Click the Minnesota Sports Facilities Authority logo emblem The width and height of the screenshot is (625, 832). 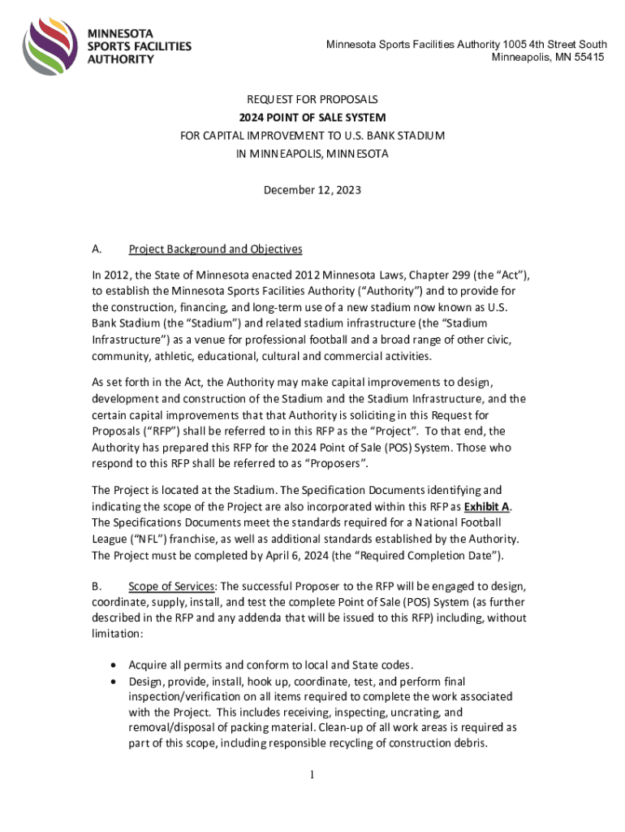pos(50,45)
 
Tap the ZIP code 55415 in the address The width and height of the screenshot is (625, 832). pos(587,58)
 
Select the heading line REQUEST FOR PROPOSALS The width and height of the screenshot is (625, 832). pos(312,100)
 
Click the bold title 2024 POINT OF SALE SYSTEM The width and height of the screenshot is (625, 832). pos(312,118)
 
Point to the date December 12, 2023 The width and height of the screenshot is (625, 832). pos(312,190)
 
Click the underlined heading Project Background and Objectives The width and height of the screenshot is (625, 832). pos(215,249)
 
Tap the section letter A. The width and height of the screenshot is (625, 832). pos(97,249)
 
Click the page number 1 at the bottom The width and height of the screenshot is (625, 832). pos(312,774)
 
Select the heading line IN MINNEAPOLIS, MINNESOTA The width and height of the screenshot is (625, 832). pos(312,154)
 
